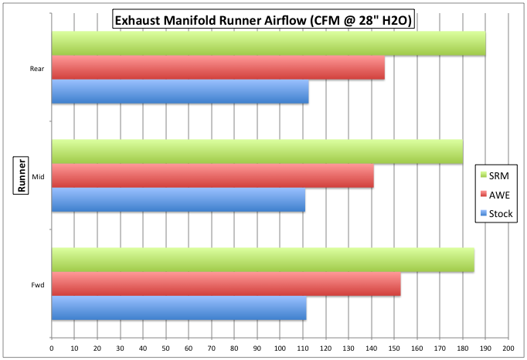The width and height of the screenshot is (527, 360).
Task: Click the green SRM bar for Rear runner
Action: click(x=268, y=44)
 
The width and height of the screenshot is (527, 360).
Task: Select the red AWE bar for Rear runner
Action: click(x=218, y=68)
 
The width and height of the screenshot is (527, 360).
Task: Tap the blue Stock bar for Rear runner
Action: click(x=180, y=92)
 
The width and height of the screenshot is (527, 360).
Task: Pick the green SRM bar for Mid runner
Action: click(x=257, y=152)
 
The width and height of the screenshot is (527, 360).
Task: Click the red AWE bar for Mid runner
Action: click(x=212, y=176)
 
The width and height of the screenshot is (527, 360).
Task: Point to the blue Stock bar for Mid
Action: click(x=178, y=200)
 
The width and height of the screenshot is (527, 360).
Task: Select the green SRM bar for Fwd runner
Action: click(x=263, y=260)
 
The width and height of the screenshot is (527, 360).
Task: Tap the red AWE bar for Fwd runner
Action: click(x=226, y=284)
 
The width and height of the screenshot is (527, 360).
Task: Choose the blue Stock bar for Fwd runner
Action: click(x=179, y=308)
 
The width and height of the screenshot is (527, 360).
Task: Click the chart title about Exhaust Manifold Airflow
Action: click(x=263, y=19)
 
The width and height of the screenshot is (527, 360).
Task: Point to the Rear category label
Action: click(x=36, y=69)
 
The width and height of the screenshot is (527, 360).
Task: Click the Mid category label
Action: click(x=37, y=176)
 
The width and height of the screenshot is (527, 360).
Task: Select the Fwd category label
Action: click(x=36, y=284)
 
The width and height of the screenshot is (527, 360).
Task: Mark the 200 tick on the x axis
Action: click(x=508, y=349)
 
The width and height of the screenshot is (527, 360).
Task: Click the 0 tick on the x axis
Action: click(x=52, y=349)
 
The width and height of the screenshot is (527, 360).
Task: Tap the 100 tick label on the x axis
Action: click(x=280, y=349)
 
